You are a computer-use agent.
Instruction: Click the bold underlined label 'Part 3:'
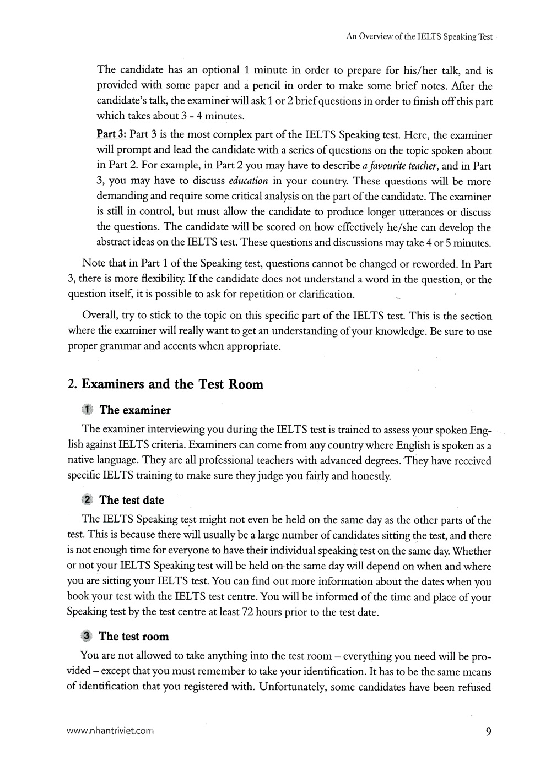[x=111, y=135]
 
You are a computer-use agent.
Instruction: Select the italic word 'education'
[x=248, y=181]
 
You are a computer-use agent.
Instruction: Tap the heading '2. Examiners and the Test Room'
[x=165, y=384]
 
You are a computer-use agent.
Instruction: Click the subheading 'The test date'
[x=132, y=500]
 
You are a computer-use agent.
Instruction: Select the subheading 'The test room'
[x=134, y=636]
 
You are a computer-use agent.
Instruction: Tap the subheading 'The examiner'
[x=135, y=410]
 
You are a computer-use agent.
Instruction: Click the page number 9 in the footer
[x=489, y=731]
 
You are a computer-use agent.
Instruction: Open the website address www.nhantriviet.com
[x=109, y=732]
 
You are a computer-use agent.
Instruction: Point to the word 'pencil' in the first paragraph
[x=266, y=86]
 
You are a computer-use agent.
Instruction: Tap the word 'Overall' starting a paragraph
[x=100, y=316]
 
